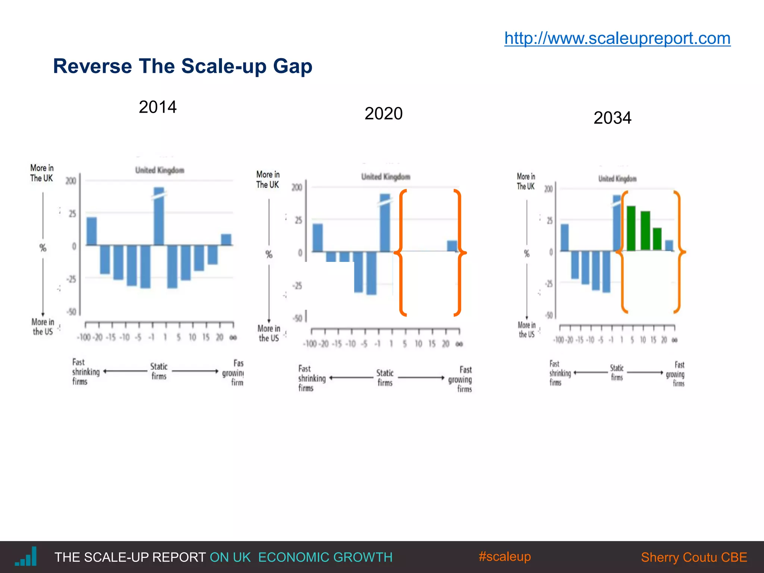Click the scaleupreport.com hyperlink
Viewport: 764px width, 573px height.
(617, 38)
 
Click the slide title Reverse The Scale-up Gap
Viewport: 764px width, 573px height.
(182, 66)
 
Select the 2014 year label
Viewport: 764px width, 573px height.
(157, 107)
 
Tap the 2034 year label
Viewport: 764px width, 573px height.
(612, 118)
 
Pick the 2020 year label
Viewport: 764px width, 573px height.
(383, 113)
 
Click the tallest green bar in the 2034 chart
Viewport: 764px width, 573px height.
(631, 228)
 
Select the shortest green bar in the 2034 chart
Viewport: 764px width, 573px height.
(657, 239)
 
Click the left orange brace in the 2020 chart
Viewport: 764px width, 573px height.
(401, 253)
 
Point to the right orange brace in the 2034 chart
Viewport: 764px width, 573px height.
(679, 252)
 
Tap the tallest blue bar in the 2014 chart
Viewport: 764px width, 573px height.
(159, 216)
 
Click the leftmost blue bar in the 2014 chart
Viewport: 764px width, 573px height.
(92, 231)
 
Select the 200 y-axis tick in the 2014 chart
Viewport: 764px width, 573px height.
(71, 181)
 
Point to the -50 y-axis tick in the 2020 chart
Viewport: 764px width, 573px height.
(297, 318)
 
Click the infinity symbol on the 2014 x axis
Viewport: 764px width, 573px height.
(233, 338)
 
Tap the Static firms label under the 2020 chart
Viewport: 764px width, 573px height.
(385, 378)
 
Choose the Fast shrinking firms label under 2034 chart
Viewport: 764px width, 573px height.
(559, 373)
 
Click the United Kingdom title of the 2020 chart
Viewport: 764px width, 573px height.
(385, 177)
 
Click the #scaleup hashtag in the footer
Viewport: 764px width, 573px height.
(504, 556)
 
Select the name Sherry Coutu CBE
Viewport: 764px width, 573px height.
(694, 557)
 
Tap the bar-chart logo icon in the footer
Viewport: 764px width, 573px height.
(26, 557)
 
